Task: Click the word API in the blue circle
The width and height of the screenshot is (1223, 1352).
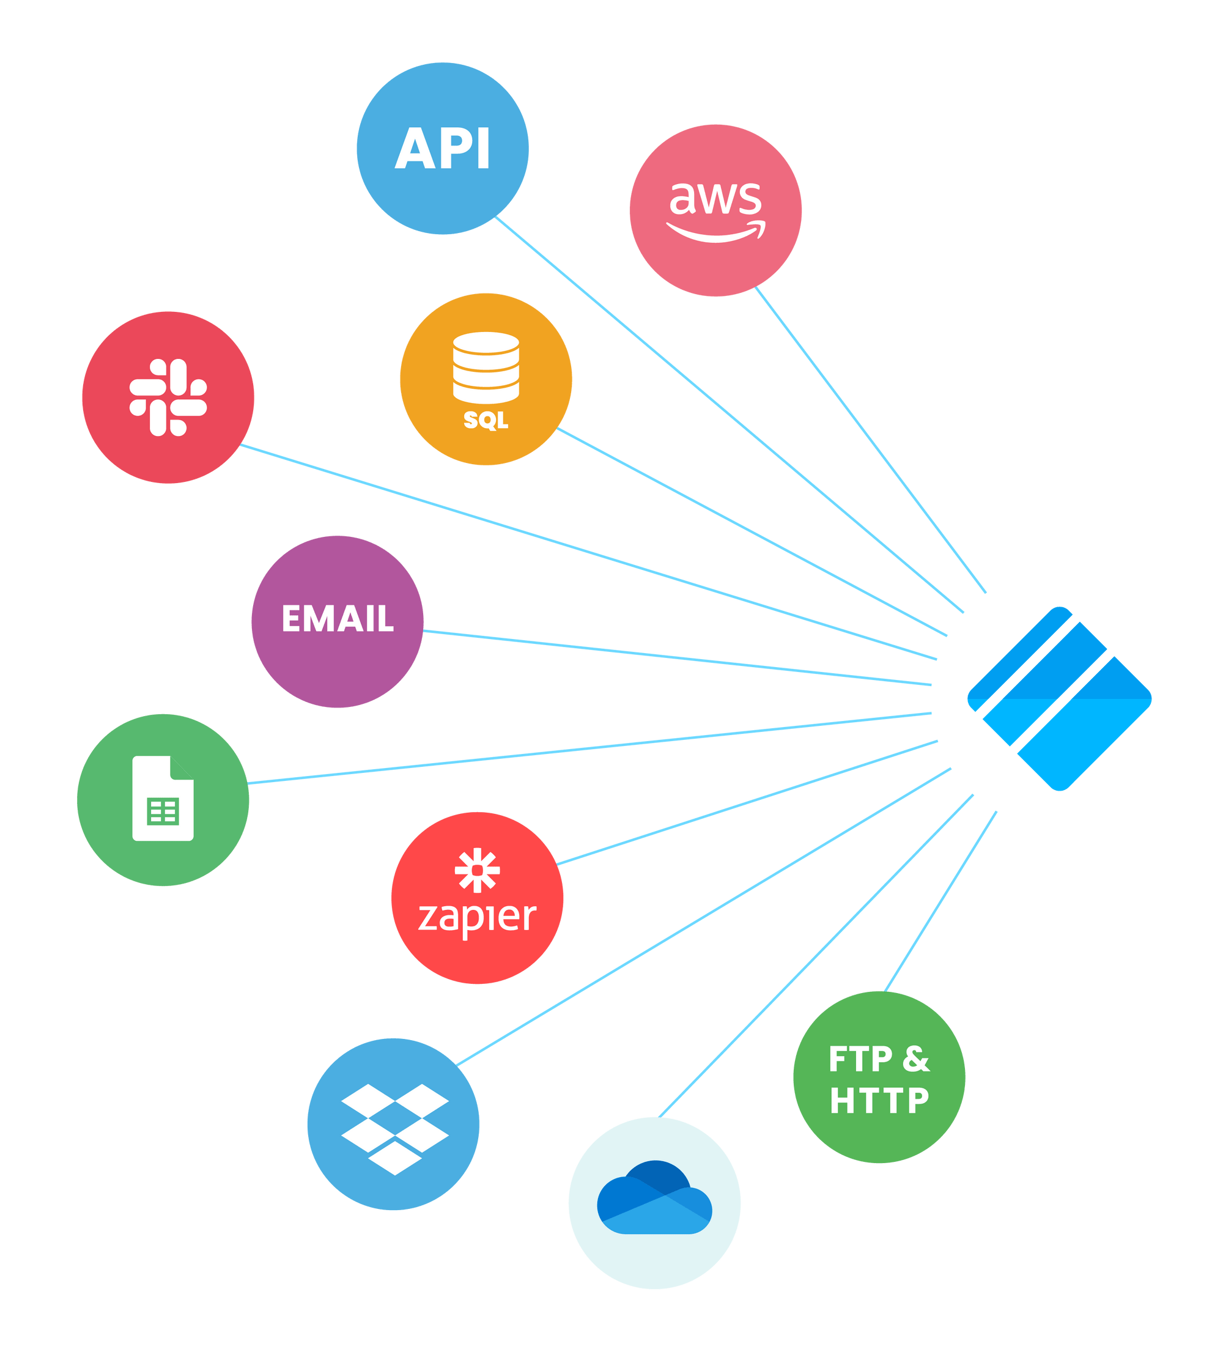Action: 443,147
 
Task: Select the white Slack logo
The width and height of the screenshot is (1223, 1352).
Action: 168,397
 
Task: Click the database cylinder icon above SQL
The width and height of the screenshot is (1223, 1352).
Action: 486,368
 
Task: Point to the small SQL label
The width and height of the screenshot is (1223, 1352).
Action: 486,421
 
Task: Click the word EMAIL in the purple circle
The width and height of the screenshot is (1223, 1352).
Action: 338,618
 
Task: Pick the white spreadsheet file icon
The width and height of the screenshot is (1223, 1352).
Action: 163,798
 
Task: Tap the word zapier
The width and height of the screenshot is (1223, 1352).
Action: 477,917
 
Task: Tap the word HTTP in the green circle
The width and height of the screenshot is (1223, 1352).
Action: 879,1101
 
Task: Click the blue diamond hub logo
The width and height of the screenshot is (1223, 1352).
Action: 1059,699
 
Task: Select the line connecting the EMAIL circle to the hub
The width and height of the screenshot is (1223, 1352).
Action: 677,658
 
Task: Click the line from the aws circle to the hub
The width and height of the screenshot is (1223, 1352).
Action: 870,440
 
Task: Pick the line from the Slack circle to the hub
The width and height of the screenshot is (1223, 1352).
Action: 588,552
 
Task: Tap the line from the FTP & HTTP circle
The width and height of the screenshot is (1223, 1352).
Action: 940,901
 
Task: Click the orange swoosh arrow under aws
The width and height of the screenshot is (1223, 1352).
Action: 715,230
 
